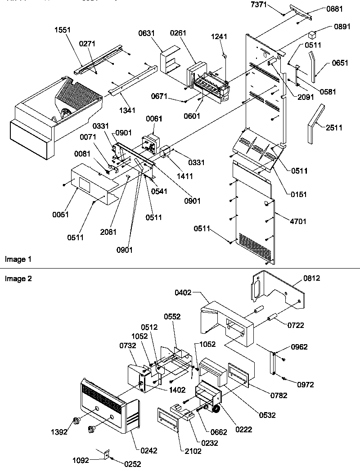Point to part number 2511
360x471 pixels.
[x=333, y=128]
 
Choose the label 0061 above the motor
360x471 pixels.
[x=153, y=119]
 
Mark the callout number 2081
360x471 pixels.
[x=108, y=232]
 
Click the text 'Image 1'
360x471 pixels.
[x=18, y=260]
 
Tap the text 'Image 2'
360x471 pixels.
[x=18, y=279]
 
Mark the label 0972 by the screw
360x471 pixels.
[x=305, y=385]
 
